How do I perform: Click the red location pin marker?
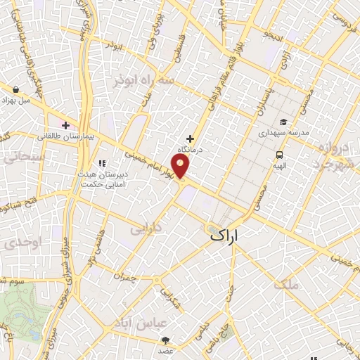click(181, 167)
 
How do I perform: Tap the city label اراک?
click(234, 238)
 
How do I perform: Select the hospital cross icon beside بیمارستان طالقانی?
click(65, 125)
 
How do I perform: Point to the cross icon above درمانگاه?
click(189, 139)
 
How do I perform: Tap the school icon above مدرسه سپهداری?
click(283, 121)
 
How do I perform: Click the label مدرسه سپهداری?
click(283, 131)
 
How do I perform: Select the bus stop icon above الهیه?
click(280, 155)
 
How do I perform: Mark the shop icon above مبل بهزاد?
click(15, 89)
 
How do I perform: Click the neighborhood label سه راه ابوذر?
click(144, 82)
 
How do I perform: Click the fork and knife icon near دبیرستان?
click(103, 163)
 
